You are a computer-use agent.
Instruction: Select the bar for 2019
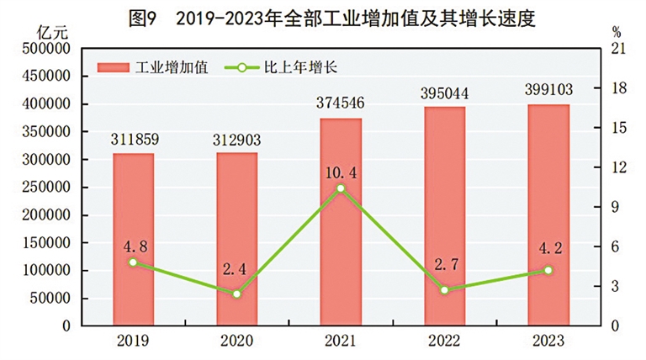(133, 239)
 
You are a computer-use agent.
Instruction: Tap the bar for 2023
(548, 214)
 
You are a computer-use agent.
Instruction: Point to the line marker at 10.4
(341, 188)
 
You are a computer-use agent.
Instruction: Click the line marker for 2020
(237, 294)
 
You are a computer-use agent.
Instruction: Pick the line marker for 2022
(445, 290)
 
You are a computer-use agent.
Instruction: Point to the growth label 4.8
(133, 247)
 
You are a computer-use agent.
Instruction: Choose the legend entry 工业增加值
(155, 66)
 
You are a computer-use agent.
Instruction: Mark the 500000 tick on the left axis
(42, 50)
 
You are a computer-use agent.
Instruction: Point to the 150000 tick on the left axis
(42, 242)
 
